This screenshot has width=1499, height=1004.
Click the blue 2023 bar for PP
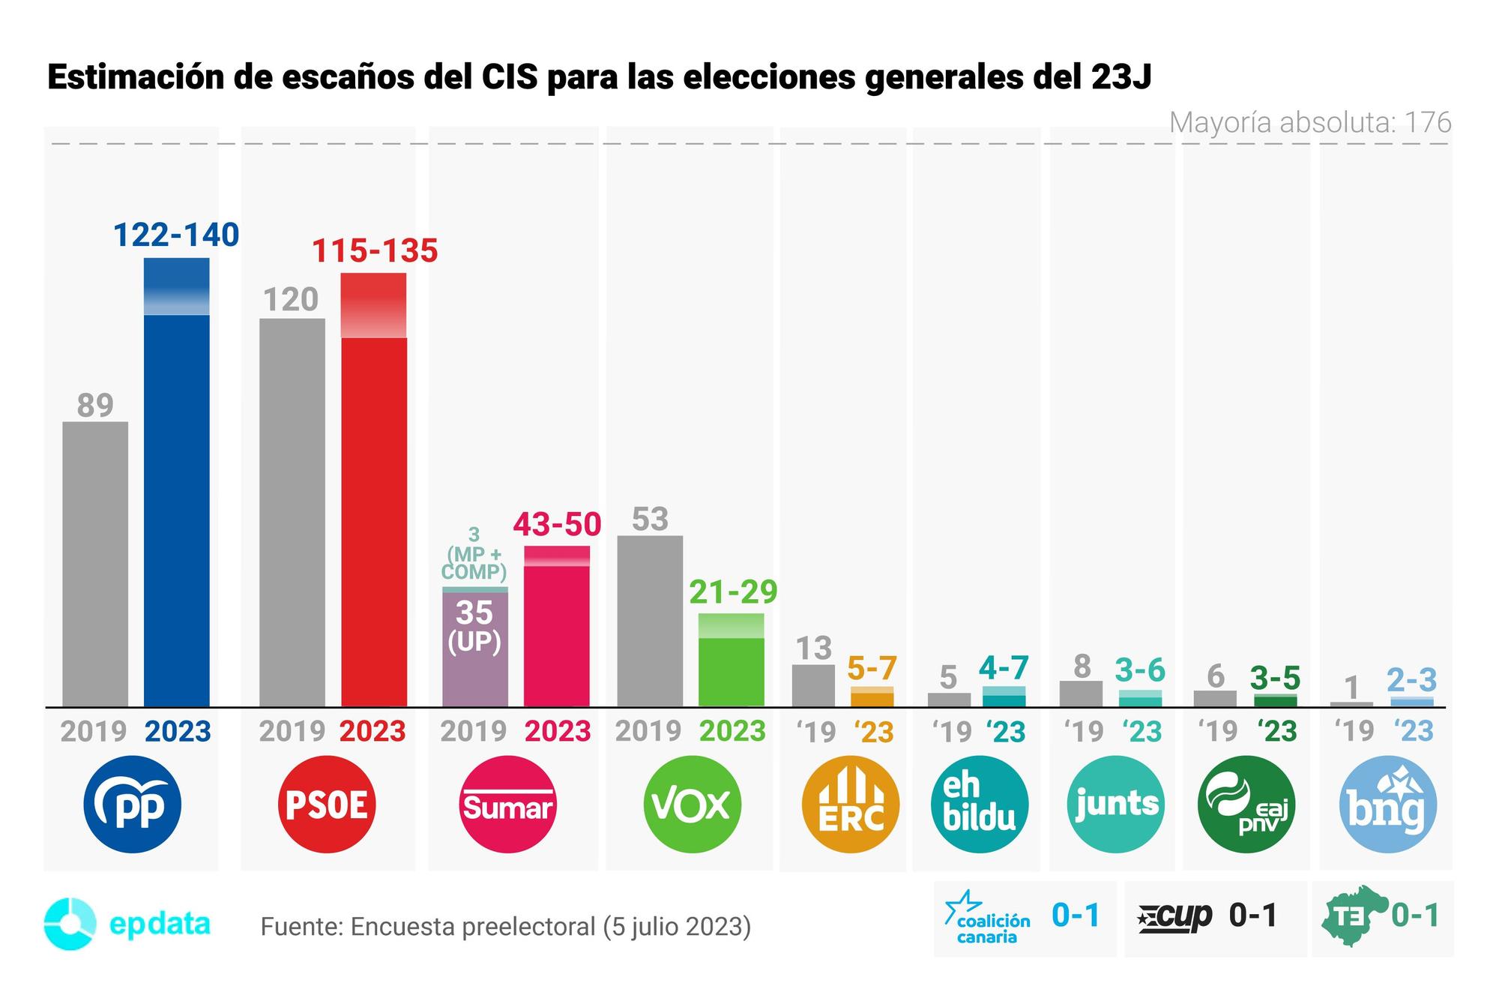click(x=176, y=495)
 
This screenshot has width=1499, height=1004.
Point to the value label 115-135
click(x=374, y=251)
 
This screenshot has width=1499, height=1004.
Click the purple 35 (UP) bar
click(x=475, y=649)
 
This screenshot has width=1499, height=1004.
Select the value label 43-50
click(x=557, y=524)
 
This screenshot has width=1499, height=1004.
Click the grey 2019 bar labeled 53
click(x=650, y=621)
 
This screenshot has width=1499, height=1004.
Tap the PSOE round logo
click(x=327, y=805)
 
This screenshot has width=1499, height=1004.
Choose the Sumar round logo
click(x=508, y=805)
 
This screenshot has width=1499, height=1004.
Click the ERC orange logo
click(x=850, y=805)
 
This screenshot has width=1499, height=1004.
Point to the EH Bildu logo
click(x=980, y=805)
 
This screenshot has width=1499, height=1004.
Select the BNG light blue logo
click(x=1387, y=805)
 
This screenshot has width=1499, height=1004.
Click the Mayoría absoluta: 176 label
click(x=1309, y=122)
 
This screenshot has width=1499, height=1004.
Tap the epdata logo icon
click(x=70, y=923)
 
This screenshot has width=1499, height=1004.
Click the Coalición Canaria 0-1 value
click(x=1076, y=916)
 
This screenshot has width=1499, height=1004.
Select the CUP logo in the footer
click(x=1175, y=916)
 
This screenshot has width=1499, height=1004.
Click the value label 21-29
click(x=733, y=592)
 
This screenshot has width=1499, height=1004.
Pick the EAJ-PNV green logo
click(x=1246, y=805)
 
